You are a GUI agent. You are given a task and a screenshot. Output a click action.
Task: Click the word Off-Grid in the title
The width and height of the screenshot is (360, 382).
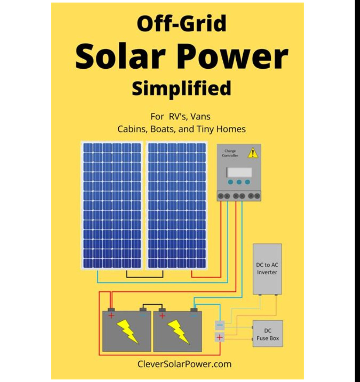point(182,23)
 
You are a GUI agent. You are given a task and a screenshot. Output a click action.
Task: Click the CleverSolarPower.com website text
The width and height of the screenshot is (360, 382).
point(184,364)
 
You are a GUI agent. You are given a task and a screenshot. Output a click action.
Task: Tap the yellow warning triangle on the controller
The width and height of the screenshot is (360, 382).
point(253,153)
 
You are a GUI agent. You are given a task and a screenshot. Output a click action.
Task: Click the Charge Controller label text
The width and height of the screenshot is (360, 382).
point(230,153)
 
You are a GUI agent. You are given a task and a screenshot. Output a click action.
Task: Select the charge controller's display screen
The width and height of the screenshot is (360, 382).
point(239,172)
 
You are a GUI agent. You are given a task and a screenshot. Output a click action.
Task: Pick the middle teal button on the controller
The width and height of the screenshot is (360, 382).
point(239,182)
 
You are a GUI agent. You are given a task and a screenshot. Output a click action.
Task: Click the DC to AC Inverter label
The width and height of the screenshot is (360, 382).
point(267,268)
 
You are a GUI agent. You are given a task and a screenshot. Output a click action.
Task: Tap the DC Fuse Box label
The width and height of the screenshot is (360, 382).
point(268,335)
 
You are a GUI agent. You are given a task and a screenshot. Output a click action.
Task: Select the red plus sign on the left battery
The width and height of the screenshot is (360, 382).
point(111,316)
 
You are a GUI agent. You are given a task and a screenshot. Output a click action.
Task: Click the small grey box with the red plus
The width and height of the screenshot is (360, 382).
point(220,337)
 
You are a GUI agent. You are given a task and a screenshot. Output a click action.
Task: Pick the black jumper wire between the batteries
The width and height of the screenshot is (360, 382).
point(152,305)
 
